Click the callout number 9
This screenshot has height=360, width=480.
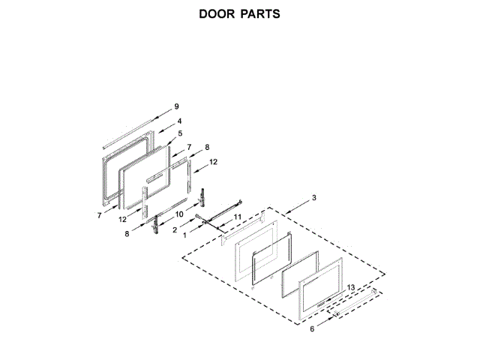176,106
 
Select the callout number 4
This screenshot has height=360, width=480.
180,120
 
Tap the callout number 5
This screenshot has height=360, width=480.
180,133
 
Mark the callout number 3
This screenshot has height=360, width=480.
313,197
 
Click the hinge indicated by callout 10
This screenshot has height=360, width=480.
202,197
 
